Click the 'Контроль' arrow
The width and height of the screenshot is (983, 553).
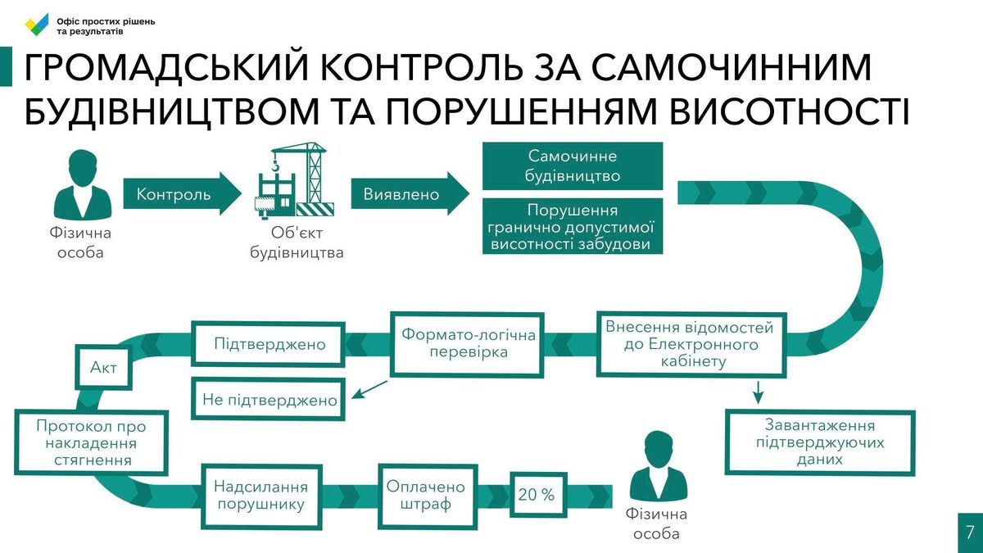182,193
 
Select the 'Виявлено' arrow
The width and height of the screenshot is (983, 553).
410,193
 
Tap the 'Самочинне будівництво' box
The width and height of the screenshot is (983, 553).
573,165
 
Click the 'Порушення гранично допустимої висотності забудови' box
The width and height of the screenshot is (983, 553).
573,226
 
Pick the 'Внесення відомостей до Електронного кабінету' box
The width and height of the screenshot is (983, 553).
691,345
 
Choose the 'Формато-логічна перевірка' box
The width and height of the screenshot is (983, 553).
467,345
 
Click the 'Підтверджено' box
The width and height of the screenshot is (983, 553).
268,344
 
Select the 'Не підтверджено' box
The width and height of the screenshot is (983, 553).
268,400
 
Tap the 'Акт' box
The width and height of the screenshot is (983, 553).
103,367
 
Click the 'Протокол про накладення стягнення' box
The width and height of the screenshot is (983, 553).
91,443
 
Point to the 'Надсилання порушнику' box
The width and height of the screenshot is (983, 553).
261,496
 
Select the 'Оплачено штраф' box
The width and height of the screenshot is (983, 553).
428,496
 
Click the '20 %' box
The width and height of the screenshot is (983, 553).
538,495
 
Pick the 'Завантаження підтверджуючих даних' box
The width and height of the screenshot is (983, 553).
820,442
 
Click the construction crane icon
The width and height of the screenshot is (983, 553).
294,180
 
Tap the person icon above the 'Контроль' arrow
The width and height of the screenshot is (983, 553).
83,184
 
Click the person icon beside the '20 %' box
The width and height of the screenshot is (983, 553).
659,465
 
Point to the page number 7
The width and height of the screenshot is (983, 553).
970,533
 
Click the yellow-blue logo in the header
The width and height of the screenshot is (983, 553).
37,25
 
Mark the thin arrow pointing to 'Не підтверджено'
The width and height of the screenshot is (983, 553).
369,390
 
